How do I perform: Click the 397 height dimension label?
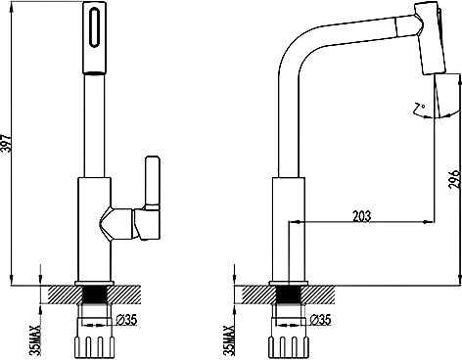tap(7, 143)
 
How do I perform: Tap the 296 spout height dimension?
tap(454, 179)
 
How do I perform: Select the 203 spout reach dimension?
tap(362, 216)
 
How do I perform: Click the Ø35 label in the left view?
tap(126, 320)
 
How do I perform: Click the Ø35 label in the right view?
tap(320, 320)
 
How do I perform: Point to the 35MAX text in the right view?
tap(230, 340)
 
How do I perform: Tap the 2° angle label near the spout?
tap(419, 109)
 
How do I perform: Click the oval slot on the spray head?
tap(94, 27)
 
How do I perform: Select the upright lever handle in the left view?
tap(153, 182)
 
